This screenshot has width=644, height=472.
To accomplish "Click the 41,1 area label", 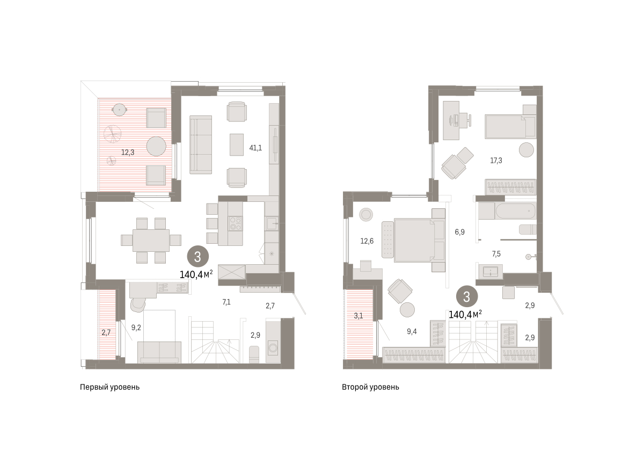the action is [x=255, y=148].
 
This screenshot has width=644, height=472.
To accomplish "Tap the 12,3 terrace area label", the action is [x=127, y=153].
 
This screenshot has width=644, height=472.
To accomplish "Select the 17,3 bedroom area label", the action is [x=496, y=161].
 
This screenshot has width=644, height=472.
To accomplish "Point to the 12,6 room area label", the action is [x=367, y=241].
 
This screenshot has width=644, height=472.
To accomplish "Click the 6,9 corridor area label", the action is [x=459, y=232].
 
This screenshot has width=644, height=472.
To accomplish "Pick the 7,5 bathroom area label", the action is [x=496, y=254].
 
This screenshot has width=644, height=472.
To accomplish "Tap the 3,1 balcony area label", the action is [x=358, y=316].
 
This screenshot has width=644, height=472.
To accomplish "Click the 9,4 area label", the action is [x=412, y=332].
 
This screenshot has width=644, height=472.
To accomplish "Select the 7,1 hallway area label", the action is [x=226, y=302].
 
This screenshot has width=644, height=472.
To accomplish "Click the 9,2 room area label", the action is [x=136, y=328].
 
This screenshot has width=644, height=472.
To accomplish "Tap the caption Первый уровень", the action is [x=109, y=387].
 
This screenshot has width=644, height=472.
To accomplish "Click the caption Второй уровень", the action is [x=370, y=387].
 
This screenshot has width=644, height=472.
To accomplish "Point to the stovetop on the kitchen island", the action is [x=236, y=223].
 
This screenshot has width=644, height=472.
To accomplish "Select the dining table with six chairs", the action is [x=151, y=241].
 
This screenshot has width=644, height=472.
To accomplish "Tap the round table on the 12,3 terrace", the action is [x=156, y=146].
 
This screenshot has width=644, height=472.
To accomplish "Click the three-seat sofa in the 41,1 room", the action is [x=201, y=144].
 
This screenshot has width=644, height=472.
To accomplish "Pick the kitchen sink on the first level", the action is [x=272, y=223].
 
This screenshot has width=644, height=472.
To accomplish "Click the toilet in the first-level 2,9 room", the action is [x=254, y=354].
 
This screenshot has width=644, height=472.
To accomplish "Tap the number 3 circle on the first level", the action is [x=198, y=257].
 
